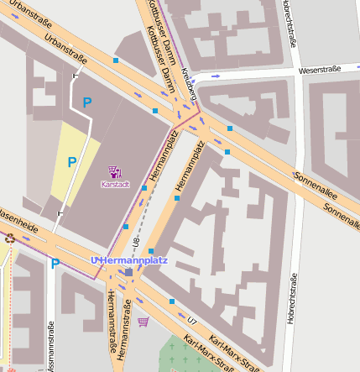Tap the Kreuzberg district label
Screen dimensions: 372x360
[189, 94]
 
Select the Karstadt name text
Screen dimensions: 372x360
[115, 183]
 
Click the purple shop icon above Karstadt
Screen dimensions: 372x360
[115, 171]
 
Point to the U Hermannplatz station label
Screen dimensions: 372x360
[129, 260]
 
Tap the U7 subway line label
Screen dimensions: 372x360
[193, 321]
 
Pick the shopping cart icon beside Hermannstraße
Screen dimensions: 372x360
[143, 322]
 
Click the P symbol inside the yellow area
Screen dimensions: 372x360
[72, 162]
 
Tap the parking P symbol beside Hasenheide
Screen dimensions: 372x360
[55, 264]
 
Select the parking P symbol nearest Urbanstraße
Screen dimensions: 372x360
[86, 102]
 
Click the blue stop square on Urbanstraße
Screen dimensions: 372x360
[116, 60]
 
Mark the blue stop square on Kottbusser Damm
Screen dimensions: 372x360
[154, 110]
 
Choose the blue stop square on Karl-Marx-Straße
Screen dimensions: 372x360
[172, 301]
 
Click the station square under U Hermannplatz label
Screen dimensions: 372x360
[128, 272]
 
